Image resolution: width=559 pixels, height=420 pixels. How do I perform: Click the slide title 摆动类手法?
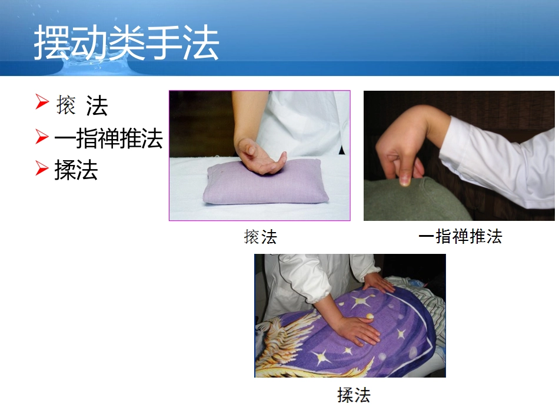127,42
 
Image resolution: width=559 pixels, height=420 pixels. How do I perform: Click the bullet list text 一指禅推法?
108,139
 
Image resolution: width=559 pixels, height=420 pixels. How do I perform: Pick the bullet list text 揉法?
76,170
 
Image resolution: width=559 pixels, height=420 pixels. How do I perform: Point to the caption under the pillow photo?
260,237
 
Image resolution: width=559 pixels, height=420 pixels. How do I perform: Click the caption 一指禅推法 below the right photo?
460,237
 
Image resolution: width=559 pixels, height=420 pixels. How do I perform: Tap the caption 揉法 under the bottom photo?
354,395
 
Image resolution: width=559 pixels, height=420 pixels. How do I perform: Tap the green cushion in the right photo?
412,203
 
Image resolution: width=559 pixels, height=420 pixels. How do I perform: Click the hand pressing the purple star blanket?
356,330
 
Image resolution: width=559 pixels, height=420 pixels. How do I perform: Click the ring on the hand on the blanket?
370,317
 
